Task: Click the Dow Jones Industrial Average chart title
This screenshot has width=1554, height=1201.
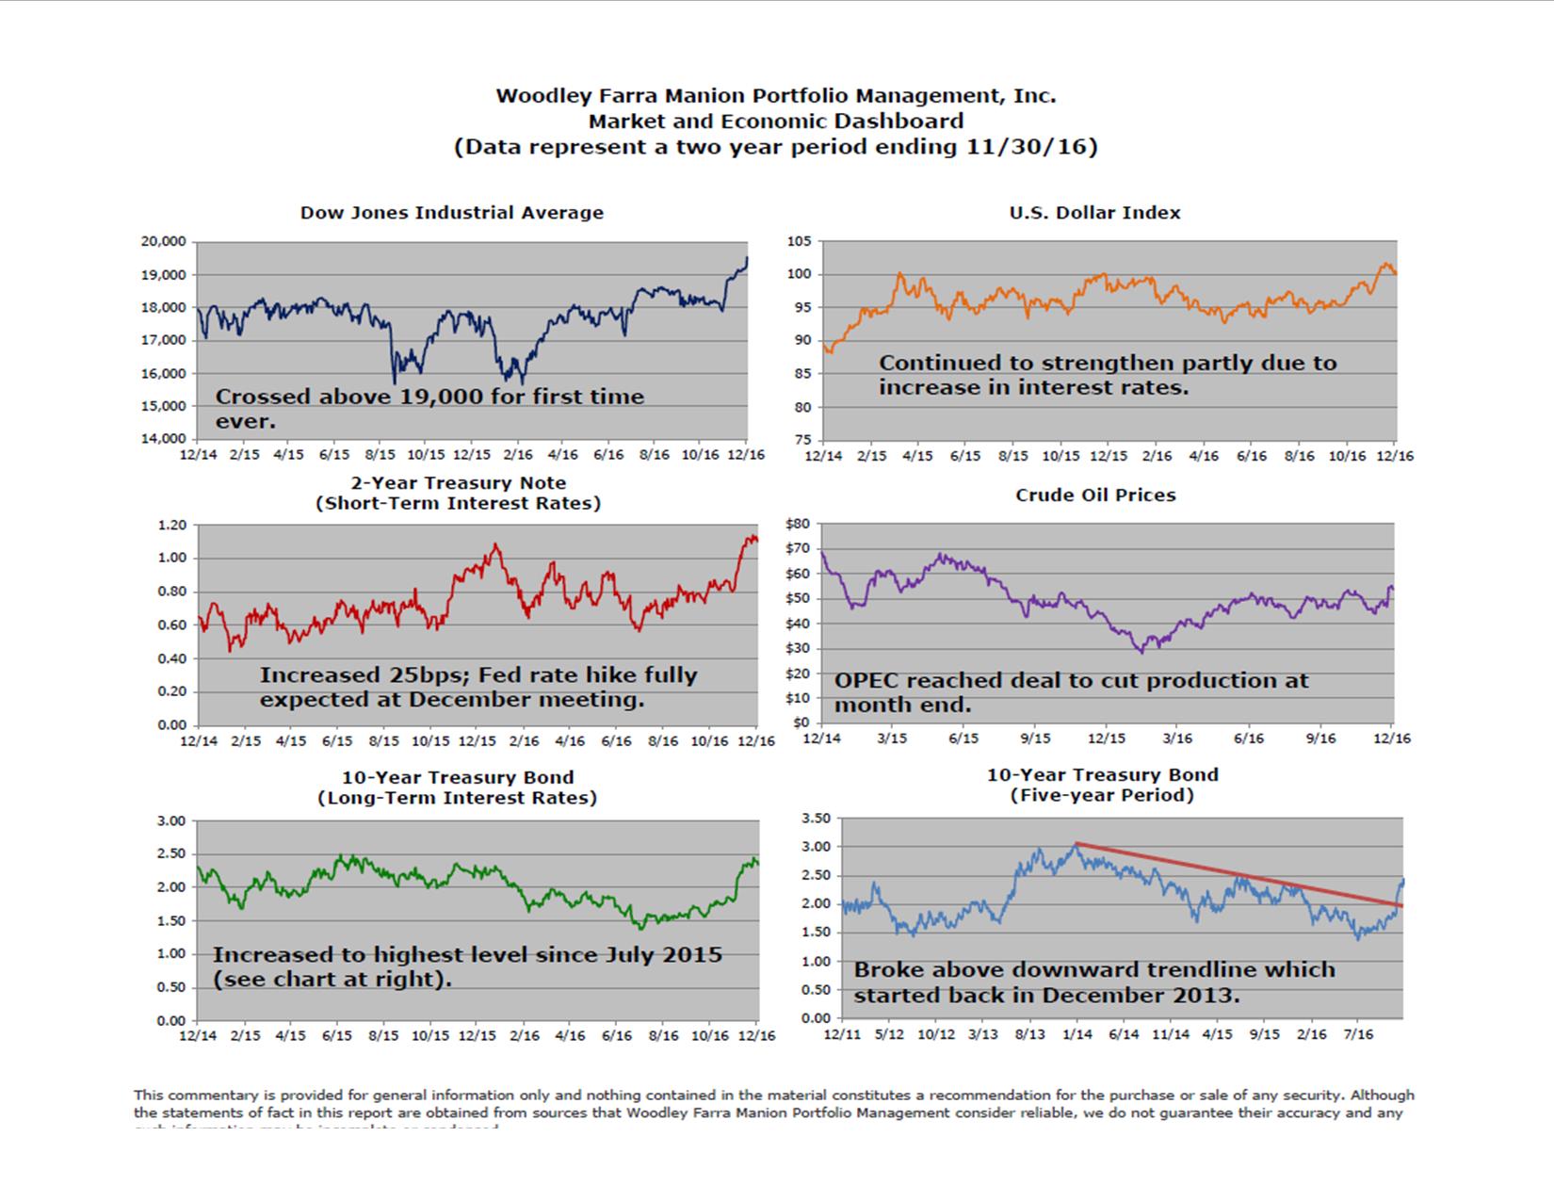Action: tap(451, 213)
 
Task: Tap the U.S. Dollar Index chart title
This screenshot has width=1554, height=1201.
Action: tap(1094, 213)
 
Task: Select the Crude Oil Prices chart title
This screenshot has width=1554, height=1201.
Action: tap(1095, 495)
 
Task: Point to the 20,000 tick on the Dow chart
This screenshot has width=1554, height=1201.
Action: tap(164, 241)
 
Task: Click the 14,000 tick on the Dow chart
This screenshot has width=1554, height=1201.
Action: tap(164, 439)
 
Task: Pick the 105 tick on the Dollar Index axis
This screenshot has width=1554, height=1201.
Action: tap(799, 241)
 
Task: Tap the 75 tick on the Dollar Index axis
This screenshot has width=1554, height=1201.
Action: tap(801, 440)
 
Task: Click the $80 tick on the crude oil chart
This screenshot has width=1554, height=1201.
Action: tap(797, 524)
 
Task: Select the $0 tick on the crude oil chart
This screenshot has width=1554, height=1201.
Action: tap(801, 722)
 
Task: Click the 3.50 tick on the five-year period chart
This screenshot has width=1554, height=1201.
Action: tap(815, 818)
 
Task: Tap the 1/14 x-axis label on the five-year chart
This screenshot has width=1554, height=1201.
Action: tap(1076, 1034)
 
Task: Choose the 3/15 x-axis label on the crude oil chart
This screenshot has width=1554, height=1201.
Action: tap(892, 738)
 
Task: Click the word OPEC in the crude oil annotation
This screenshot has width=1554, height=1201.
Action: tap(867, 681)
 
